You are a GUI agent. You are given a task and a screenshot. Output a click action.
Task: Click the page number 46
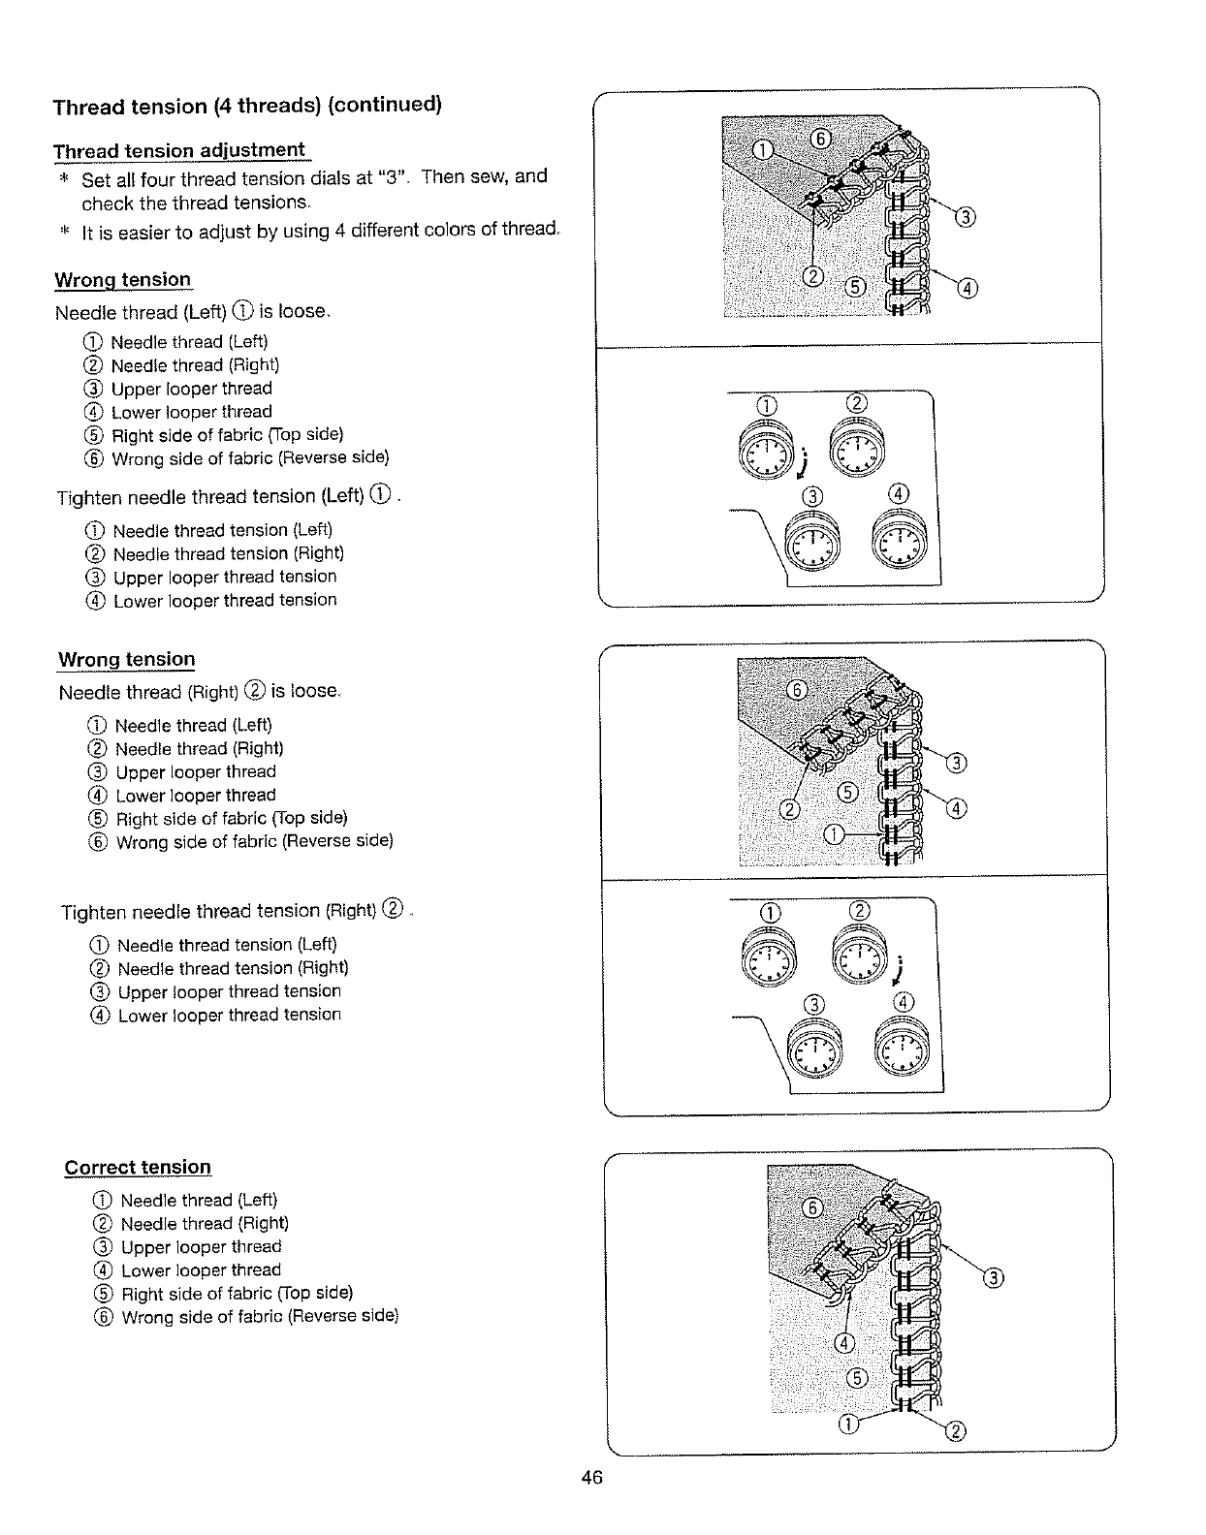pos(592,1477)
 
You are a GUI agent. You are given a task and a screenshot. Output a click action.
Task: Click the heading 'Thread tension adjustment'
pos(179,150)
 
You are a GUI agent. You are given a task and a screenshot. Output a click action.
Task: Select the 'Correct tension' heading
pos(138,1167)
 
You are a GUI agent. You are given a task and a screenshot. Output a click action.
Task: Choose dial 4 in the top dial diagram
pos(900,541)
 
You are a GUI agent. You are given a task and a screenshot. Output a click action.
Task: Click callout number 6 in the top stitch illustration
pos(820,140)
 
